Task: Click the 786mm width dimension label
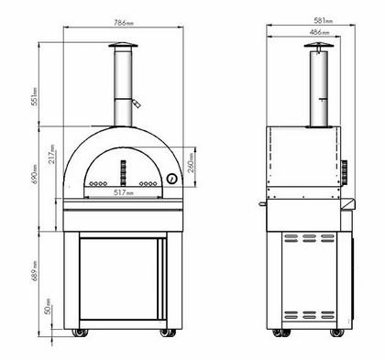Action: [x=124, y=23]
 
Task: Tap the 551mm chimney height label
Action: [x=35, y=96]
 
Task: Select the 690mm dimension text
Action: [x=35, y=174]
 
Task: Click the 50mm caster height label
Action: [x=48, y=306]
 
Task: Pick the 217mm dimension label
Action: [x=52, y=154]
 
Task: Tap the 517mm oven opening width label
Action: [x=124, y=192]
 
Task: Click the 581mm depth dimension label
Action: [x=324, y=20]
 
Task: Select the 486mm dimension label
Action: [x=319, y=32]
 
